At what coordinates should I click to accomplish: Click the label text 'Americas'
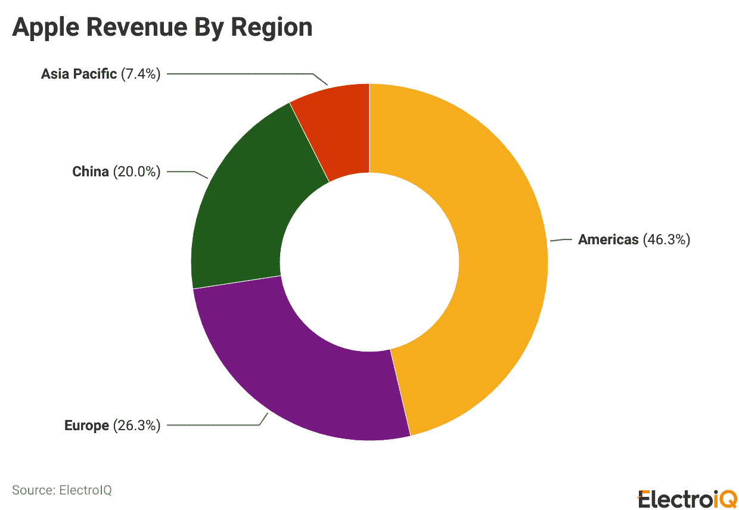608,240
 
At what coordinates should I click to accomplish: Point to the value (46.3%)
666,240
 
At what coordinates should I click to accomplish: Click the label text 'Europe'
86,425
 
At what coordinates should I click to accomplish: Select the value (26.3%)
136,425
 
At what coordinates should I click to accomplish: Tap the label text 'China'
91,172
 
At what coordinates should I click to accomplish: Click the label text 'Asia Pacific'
79,74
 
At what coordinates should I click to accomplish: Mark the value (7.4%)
141,74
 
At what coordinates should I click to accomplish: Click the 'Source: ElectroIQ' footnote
62,490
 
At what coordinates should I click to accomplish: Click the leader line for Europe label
215,425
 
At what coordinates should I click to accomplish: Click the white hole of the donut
369,262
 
